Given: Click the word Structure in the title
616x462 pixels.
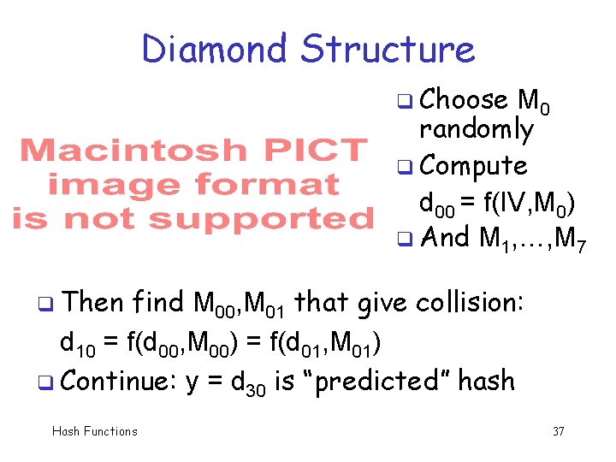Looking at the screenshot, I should (387, 50).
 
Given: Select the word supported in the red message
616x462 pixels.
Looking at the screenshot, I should (262, 219).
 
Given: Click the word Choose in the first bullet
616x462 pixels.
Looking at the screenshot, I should (465, 100).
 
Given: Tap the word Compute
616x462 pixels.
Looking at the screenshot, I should (474, 164).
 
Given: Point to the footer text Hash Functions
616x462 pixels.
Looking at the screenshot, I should (94, 431).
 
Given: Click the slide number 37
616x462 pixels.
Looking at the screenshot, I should (558, 431).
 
